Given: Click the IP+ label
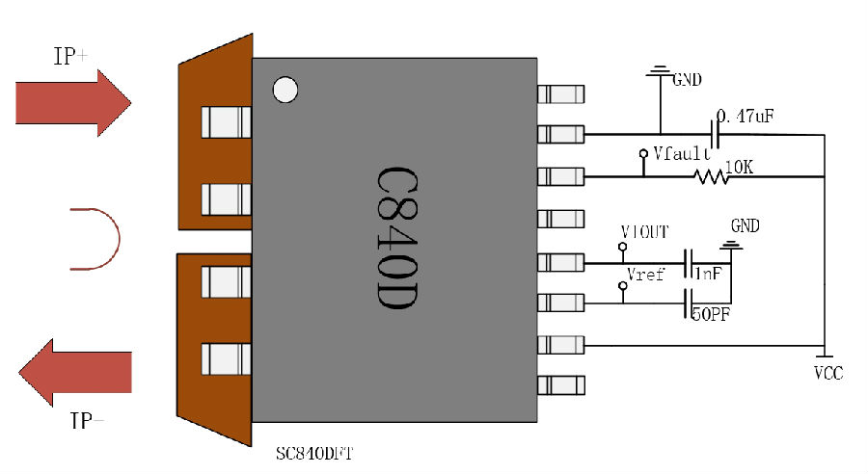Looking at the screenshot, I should (x=69, y=57).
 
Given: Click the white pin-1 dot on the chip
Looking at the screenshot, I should (x=285, y=90).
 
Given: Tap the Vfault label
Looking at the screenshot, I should (x=682, y=153).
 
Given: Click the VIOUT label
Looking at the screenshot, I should (x=645, y=232).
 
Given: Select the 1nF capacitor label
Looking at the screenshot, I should (x=709, y=274).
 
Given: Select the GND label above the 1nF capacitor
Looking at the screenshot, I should (x=745, y=226).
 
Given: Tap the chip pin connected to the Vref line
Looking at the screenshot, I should (x=560, y=303).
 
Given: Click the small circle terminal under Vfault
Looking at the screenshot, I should (x=643, y=154).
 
